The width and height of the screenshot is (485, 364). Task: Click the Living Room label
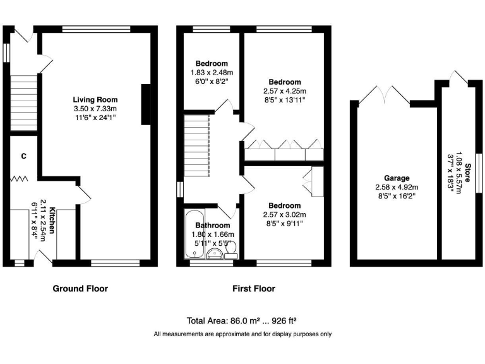point(95,100)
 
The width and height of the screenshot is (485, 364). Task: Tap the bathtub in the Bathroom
point(195,234)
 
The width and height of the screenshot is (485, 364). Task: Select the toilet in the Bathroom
point(231,250)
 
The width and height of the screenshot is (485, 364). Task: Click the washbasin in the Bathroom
point(214,253)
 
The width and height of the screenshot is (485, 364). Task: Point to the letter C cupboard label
point(24,156)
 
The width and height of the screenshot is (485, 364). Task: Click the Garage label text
point(397,178)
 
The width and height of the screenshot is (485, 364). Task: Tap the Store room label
point(467,173)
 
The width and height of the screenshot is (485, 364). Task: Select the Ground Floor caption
point(80,288)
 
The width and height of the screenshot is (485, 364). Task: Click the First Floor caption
point(254,288)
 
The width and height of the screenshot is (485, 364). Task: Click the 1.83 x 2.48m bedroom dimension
point(212,73)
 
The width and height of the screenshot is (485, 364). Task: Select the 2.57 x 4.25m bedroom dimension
point(285,91)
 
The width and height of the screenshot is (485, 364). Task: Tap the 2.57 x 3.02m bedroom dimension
point(285,214)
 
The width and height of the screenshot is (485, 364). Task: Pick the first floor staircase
point(197,145)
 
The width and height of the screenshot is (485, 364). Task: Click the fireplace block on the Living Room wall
point(146,105)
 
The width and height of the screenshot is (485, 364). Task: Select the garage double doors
point(385,95)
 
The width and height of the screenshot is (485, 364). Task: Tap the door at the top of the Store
point(458,76)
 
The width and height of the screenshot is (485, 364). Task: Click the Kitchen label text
point(52,221)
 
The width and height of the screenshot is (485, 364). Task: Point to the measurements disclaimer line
point(242,334)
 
